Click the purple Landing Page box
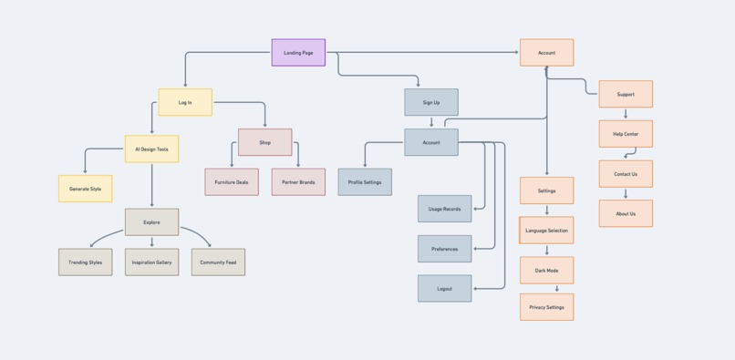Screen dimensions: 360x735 point(298,53)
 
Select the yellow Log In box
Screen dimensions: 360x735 point(185,102)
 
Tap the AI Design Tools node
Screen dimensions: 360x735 point(151,149)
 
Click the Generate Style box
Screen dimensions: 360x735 point(86,189)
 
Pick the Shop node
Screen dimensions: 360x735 point(264,142)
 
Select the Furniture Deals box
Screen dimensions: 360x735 point(232,182)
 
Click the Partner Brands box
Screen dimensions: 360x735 point(298,182)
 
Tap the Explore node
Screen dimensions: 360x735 point(151,221)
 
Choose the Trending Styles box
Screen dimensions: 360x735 point(86,262)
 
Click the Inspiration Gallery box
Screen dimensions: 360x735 point(151,262)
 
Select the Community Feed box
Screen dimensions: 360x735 point(218,262)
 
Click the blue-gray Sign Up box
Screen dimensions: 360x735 point(431,102)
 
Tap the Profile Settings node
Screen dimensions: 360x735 point(365,182)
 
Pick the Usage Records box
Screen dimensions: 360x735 point(445,209)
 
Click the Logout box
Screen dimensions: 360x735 point(445,289)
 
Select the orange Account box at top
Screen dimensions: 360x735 point(546,53)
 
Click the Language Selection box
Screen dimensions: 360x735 point(546,231)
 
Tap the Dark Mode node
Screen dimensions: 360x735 point(546,271)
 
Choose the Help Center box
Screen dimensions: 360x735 point(626,134)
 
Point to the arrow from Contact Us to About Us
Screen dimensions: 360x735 point(626,193)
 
